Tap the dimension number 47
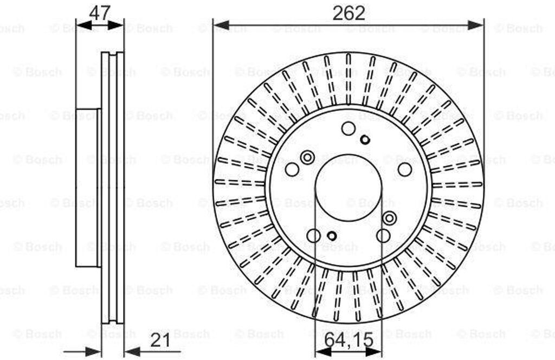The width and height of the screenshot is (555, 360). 100,12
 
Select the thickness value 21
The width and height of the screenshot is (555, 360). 161,341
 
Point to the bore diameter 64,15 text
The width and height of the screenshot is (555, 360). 349,340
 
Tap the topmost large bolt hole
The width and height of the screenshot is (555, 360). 349,128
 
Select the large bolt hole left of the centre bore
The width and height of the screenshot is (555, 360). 292,170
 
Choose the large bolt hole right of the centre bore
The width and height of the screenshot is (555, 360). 405,170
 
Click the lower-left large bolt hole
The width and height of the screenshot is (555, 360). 314,235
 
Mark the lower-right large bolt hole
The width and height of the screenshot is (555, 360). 383,235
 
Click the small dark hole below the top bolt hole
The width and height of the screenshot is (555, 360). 365,140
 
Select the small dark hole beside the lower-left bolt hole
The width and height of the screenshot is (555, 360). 332,236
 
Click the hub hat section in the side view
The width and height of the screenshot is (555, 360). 88,188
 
